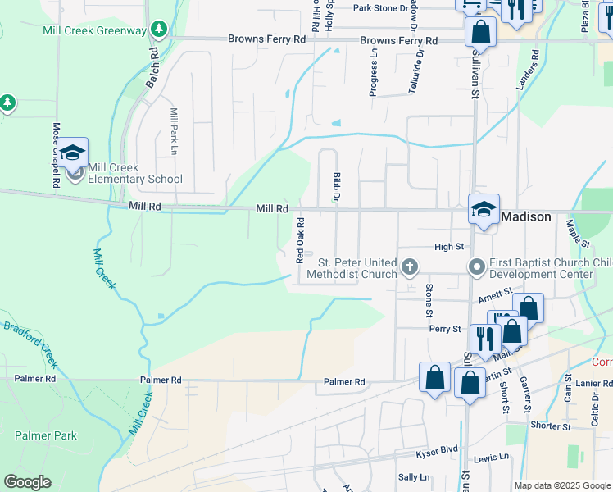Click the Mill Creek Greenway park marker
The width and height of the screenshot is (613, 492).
[x=158, y=30]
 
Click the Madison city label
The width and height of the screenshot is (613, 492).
[x=527, y=216]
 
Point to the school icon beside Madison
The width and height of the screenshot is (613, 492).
[x=484, y=208]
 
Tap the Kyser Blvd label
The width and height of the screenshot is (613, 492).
[x=438, y=449]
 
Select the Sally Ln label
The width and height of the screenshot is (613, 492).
[x=413, y=477]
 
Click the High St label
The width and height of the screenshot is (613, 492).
[x=449, y=246]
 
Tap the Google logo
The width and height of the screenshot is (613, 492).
[x=27, y=482]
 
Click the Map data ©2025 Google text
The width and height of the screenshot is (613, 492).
[x=562, y=485]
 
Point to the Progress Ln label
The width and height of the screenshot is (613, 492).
[x=374, y=73]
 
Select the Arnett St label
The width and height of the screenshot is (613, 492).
[x=495, y=290]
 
